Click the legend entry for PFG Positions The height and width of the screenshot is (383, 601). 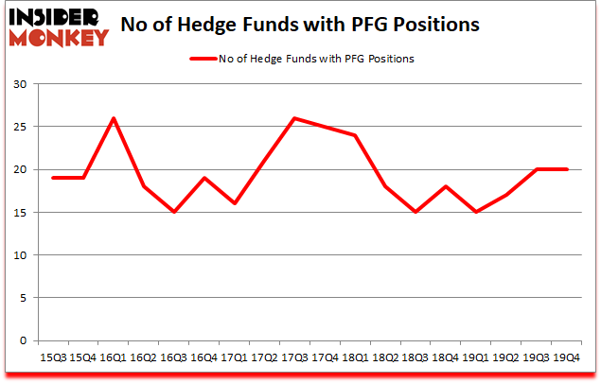click(302, 59)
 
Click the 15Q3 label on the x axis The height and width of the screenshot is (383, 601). click(53, 357)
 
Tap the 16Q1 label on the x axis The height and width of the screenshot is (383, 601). click(115, 357)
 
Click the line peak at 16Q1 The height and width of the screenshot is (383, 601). click(115, 118)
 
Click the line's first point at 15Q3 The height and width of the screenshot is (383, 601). click(53, 178)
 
